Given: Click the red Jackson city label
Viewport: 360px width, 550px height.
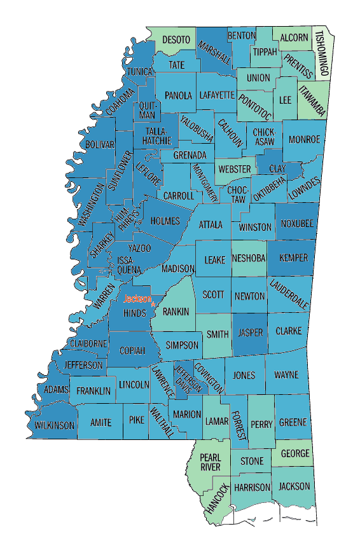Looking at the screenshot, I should pos(137,299).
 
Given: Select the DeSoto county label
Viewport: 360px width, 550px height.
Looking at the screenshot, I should pos(176,40).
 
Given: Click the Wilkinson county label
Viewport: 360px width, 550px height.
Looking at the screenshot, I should pos(55,425).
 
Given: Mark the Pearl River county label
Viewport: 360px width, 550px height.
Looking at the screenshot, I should pos(211,462).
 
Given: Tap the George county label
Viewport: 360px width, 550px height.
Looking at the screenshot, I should pos(295,453).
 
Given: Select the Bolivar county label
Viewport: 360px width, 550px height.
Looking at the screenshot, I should pos(100,145).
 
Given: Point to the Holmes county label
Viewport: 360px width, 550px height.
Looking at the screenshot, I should pos(165,221).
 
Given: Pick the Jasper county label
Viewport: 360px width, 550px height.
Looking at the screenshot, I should pos(249,333).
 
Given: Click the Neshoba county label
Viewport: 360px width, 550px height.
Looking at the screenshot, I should pos(249,259).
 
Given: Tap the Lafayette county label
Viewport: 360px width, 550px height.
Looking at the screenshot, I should pos(217,95).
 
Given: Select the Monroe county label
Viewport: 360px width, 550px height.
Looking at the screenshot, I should pos(305,139).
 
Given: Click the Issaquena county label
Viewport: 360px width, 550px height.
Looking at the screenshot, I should pos(125,265).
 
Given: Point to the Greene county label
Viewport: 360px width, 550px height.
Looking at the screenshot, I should pos(293,422).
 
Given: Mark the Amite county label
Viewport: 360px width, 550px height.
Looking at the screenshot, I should pos(100,422).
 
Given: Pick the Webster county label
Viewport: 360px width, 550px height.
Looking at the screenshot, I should pos(233,169).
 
